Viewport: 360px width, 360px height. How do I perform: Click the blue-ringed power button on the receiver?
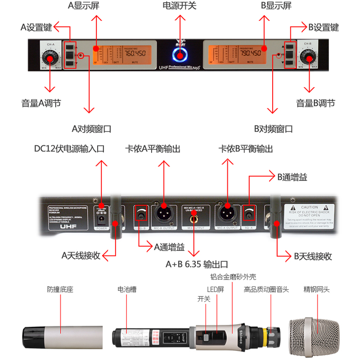(180, 56)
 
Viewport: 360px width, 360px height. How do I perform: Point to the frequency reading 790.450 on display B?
(251, 53)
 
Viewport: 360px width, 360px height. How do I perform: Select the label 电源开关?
(180, 6)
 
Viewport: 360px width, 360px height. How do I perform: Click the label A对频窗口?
(91, 129)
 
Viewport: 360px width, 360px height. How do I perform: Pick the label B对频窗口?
(273, 129)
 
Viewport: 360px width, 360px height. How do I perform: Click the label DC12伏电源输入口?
(69, 148)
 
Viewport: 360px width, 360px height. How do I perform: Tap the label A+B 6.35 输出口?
(197, 264)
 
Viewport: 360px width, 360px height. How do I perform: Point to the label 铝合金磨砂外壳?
(233, 277)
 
